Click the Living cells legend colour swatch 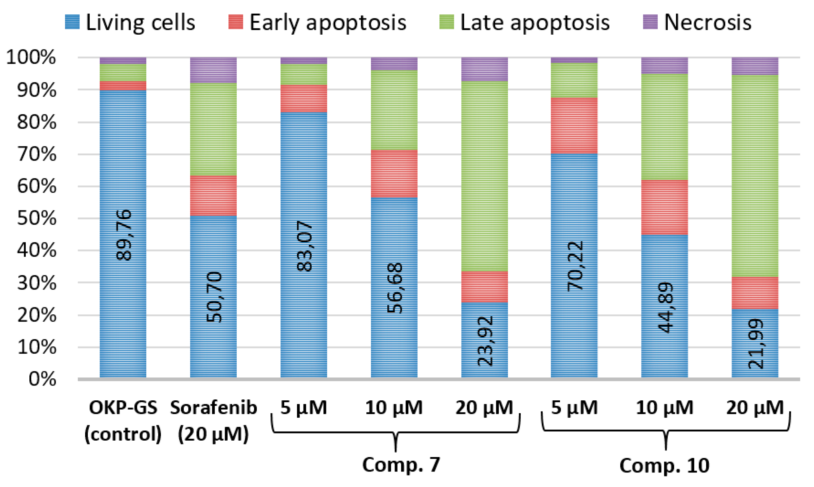click(x=72, y=22)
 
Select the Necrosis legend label click(x=707, y=23)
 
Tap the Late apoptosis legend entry click(x=535, y=23)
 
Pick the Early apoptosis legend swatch click(x=235, y=22)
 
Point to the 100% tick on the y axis click(x=31, y=58)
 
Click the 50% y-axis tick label click(x=37, y=218)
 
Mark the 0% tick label click(x=42, y=379)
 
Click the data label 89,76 click(x=124, y=235)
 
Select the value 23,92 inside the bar click(x=485, y=341)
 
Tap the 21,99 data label click(x=755, y=344)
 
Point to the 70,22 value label click(x=575, y=266)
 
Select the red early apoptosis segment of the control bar click(x=123, y=86)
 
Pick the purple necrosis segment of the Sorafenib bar click(x=213, y=70)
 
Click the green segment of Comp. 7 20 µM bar click(x=484, y=176)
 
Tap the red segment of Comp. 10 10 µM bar click(x=664, y=207)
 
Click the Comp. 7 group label click(x=401, y=464)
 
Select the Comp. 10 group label click(x=664, y=465)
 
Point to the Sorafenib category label click(x=213, y=408)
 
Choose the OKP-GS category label click(x=123, y=408)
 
